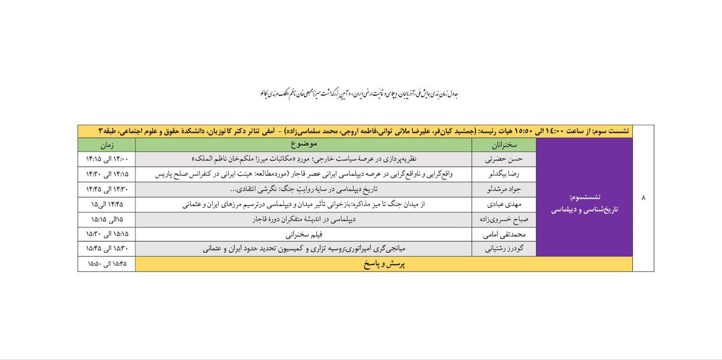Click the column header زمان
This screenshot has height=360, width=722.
point(107,145)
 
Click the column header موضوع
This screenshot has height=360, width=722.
point(303,145)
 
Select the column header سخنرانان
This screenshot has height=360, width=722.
point(504,145)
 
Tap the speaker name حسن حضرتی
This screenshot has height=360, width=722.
point(504,159)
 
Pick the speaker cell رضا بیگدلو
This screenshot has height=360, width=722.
point(504,174)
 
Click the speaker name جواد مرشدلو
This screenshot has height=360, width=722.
point(504,189)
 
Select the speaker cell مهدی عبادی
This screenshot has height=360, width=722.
point(504,204)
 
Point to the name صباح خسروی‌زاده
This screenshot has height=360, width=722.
point(504,219)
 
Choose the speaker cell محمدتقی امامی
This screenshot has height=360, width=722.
point(504,234)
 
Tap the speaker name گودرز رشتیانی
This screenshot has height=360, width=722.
point(504,249)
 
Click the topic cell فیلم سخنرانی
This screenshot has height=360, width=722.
point(303,234)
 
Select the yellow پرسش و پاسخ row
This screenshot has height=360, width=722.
point(384,264)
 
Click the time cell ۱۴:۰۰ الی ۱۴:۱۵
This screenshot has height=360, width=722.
point(107,159)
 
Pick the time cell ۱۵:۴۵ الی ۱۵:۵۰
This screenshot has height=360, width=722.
point(107,264)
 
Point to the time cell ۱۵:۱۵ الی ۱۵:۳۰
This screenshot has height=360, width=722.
point(107,234)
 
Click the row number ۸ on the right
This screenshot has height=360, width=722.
point(643,198)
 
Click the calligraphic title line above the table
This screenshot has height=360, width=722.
point(359,94)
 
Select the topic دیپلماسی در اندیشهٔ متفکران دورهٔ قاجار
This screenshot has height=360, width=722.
point(303,219)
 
